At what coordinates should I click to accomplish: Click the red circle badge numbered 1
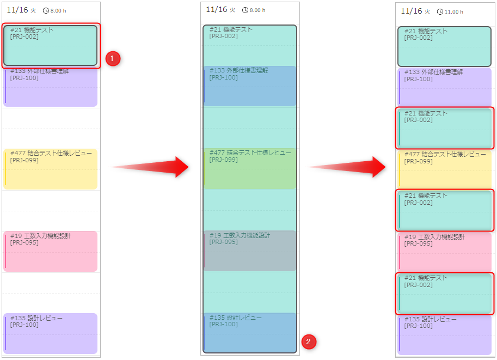pos(113,59)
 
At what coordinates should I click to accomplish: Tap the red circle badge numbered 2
pos(309,342)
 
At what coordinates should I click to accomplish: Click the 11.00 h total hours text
pos(454,11)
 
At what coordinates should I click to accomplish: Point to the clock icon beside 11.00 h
pos(440,11)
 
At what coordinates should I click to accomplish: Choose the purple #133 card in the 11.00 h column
pos(445,86)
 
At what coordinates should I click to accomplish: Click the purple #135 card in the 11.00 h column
pos(445,334)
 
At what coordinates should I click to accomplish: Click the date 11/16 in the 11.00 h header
pos(412,11)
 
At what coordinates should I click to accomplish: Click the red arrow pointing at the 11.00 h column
pos(348,167)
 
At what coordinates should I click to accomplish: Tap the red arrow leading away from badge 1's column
pos(150,167)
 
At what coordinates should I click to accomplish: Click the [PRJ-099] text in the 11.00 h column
pos(419,161)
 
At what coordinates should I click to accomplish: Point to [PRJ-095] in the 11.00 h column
pos(419,243)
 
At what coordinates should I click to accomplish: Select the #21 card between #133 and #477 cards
pos(445,128)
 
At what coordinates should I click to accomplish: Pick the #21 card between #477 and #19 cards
pos(445,210)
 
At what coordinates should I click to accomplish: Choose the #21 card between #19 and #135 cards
pos(445,293)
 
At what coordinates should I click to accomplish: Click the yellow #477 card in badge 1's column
pos(50,169)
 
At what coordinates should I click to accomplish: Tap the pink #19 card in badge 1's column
pos(50,251)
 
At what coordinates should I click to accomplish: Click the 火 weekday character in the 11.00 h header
pos(427,11)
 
